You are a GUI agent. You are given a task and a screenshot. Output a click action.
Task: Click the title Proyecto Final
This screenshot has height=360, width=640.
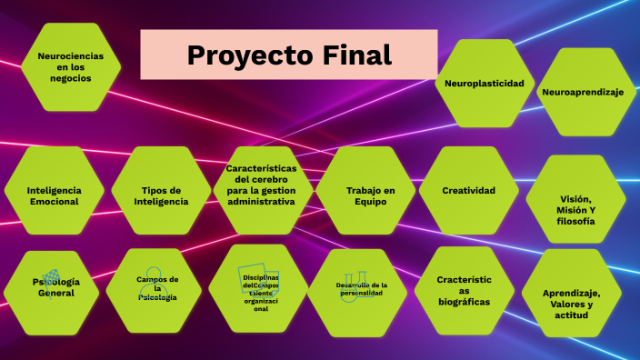point(289,55)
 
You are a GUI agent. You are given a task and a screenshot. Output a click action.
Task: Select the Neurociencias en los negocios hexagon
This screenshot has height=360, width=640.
point(71,67)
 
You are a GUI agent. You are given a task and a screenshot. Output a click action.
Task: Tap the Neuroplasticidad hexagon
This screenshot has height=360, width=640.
point(484,84)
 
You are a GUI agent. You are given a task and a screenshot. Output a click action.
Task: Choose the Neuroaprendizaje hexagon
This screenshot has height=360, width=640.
point(588,92)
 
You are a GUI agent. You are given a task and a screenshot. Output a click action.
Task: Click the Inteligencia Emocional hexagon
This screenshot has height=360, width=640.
point(54,195)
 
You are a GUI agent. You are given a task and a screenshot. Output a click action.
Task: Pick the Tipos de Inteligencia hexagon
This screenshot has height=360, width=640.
point(161,195)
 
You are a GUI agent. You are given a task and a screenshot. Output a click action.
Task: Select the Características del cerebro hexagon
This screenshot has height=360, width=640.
point(262,185)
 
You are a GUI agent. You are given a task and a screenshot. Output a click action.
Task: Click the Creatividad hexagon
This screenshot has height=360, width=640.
point(468,191)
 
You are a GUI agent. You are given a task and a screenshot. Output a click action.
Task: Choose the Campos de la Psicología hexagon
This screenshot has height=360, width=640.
point(157,288)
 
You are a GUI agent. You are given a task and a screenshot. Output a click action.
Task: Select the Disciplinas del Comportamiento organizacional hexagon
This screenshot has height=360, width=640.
point(260,288)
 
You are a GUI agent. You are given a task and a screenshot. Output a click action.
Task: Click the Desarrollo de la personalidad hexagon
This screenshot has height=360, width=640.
point(361,289)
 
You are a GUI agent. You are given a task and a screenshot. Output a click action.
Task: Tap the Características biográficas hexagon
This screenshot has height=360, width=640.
point(464,290)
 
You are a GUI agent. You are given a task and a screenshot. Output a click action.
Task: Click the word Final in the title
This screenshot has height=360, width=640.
point(357,55)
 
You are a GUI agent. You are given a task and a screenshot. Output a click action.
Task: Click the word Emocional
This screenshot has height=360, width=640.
point(54,202)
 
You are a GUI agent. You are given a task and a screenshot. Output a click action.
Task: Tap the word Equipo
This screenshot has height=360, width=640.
point(371,202)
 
